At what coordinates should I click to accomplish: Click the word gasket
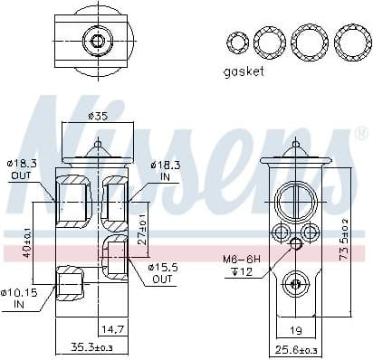coord(244,71)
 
